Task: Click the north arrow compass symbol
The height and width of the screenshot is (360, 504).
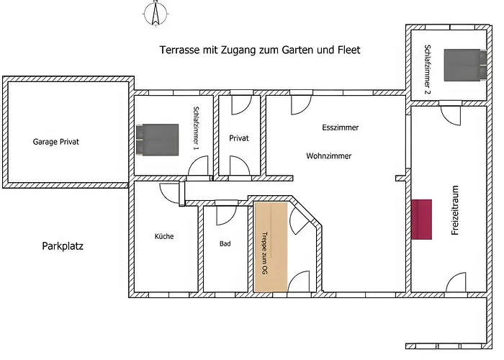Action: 156,14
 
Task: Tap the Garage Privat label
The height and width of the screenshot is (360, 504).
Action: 56,142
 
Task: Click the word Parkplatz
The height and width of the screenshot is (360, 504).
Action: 63,246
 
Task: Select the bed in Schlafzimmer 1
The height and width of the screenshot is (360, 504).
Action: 157,140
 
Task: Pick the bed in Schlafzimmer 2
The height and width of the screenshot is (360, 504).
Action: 465,65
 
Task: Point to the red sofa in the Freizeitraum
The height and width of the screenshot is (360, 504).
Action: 421,220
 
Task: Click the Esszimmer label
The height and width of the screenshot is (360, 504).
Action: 341,127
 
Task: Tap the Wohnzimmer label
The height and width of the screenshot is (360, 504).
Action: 329,156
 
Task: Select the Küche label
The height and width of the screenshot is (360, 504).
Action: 164,236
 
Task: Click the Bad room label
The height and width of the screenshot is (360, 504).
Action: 225,243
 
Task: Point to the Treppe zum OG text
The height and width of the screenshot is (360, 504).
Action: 265,253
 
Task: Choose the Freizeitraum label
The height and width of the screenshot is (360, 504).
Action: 455,210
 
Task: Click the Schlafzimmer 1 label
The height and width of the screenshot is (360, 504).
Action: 195,129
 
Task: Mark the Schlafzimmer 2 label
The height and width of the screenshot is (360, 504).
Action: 427,69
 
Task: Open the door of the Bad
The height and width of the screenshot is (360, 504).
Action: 226,214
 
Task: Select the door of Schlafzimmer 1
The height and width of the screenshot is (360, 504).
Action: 198,166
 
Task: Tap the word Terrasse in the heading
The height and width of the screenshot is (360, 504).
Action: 180,50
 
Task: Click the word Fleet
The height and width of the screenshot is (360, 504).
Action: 349,50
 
